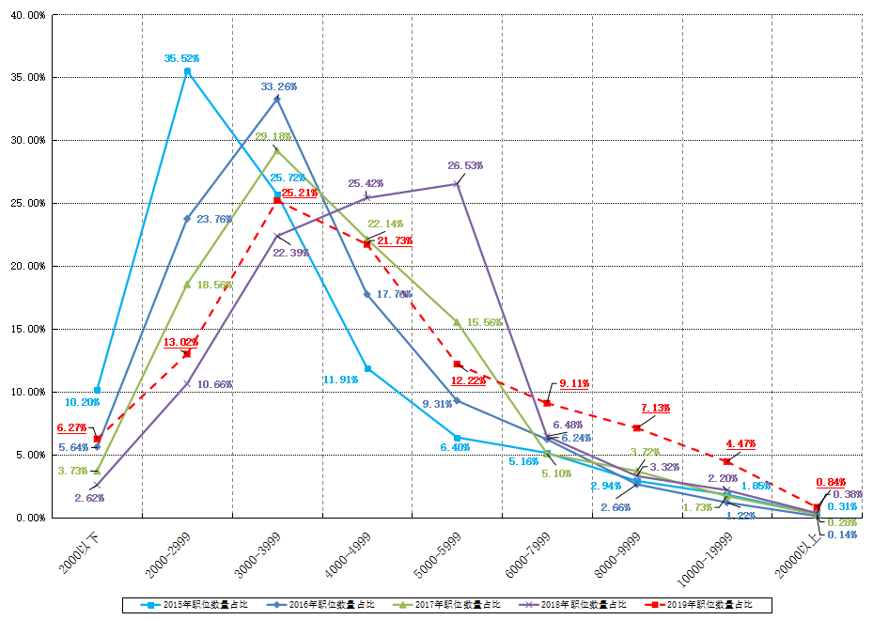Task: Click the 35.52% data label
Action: pyautogui.click(x=181, y=58)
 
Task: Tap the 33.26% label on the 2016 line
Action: pyautogui.click(x=279, y=86)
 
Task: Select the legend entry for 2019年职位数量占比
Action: pyautogui.click(x=699, y=604)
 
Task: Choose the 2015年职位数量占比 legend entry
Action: pyautogui.click(x=187, y=604)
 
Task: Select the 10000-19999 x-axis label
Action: pyautogui.click(x=707, y=558)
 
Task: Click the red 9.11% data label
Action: pyautogui.click(x=574, y=384)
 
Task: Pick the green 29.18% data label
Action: pyautogui.click(x=273, y=137)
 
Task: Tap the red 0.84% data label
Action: pyautogui.click(x=831, y=482)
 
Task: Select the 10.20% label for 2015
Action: pyautogui.click(x=83, y=402)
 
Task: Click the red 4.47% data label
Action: pyautogui.click(x=741, y=443)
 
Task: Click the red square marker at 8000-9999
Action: pyautogui.click(x=637, y=428)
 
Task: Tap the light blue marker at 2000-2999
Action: pyautogui.click(x=187, y=71)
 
